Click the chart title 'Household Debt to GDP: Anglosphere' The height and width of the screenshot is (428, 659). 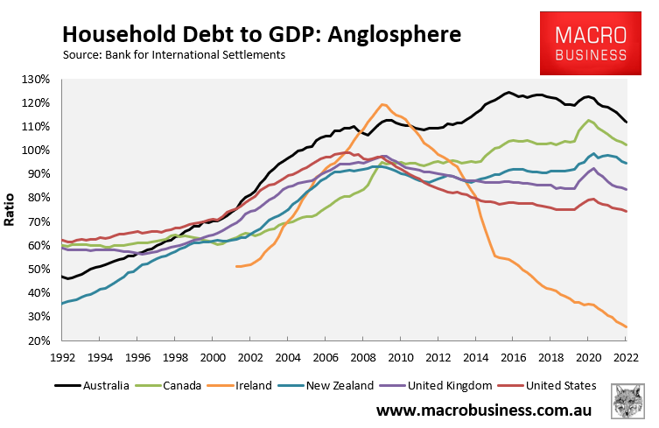tap(261, 35)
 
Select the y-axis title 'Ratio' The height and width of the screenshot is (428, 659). tap(11, 211)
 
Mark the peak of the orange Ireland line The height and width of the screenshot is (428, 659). tap(382, 105)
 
